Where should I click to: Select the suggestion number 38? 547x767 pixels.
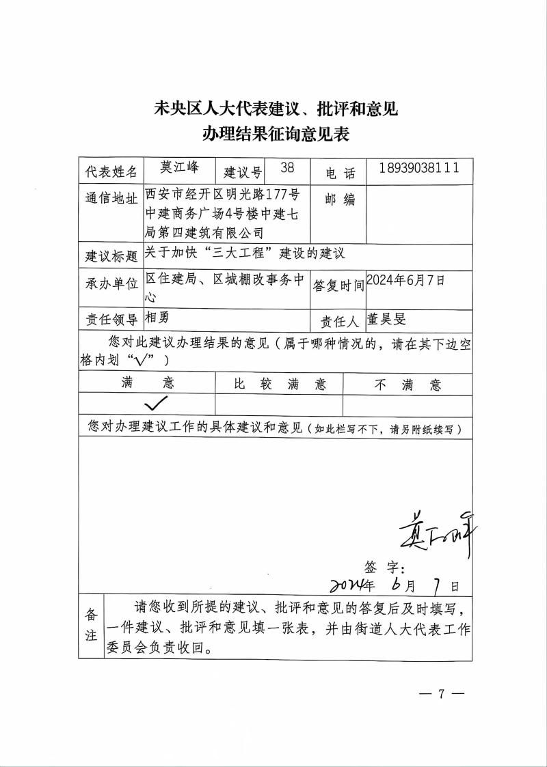coord(287,168)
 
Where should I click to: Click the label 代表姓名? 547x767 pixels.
coord(111,171)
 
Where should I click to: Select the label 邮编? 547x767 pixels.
coord(340,199)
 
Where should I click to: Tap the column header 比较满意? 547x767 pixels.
coord(280,384)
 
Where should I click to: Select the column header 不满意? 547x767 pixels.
coord(408,385)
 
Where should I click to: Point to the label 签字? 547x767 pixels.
coord(385,567)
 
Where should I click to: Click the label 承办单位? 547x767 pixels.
coord(111,284)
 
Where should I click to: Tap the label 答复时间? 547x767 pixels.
coord(338,285)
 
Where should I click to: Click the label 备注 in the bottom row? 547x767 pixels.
coord(90,624)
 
